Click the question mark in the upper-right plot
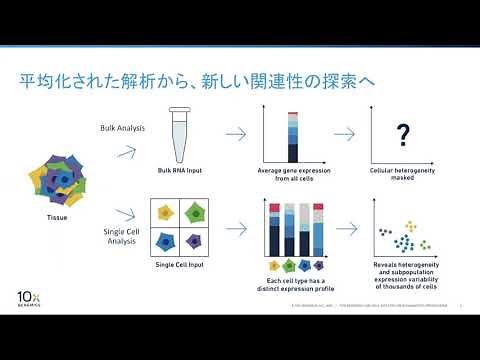pyautogui.click(x=404, y=134)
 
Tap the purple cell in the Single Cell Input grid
pyautogui.click(x=194, y=241)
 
